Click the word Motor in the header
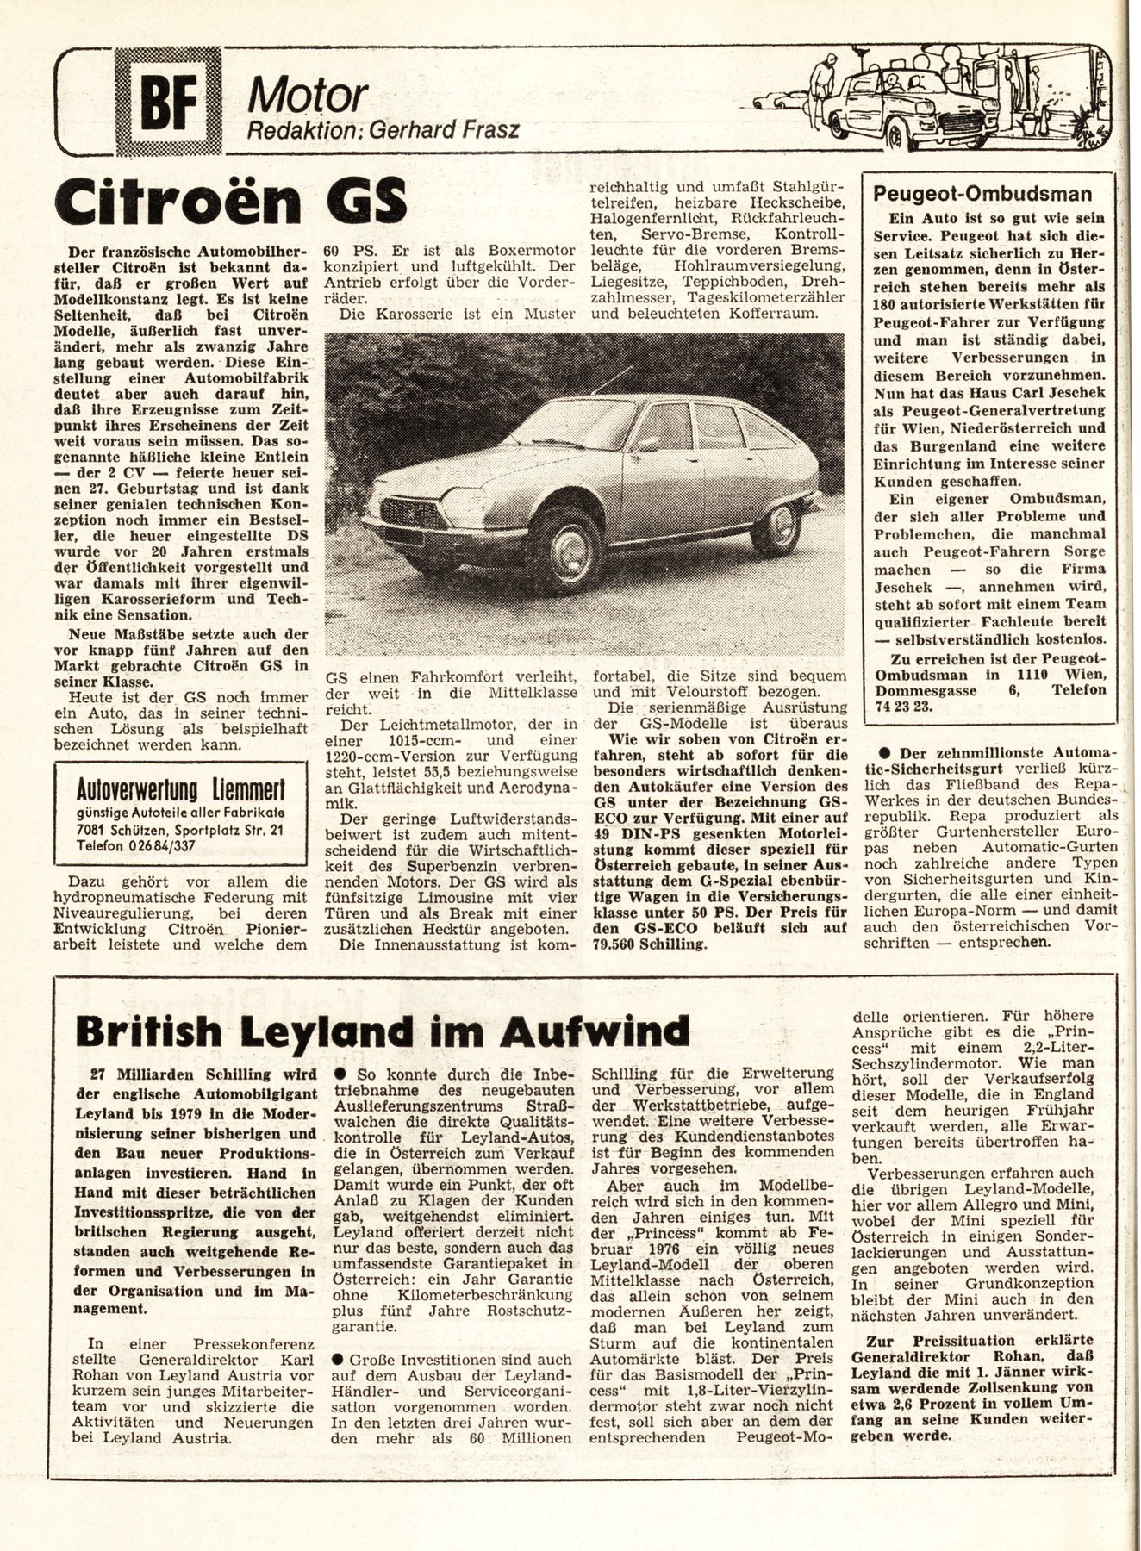[309, 97]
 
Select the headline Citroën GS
[230, 200]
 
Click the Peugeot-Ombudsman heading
[982, 194]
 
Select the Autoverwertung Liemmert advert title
[181, 789]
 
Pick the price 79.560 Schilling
[652, 945]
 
